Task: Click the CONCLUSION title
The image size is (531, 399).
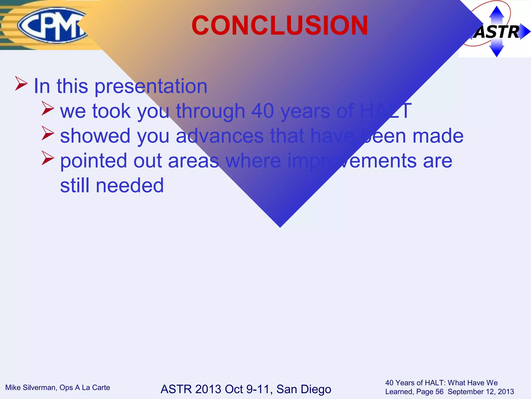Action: point(280,25)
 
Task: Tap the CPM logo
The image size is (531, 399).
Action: point(52,25)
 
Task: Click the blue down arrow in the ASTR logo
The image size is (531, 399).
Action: point(497,50)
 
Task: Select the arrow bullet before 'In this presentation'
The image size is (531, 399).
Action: point(21,83)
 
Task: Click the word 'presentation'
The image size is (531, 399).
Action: point(151,86)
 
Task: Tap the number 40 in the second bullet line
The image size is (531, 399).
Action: point(262,111)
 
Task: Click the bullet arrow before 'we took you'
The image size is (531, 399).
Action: point(48,109)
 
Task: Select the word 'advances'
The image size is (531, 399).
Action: point(219,136)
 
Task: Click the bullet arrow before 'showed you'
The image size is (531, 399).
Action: point(48,133)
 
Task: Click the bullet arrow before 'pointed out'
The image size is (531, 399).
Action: point(48,158)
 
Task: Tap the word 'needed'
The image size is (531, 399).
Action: point(130,185)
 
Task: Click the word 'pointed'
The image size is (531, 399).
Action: point(93,161)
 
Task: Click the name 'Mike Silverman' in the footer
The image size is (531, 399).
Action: point(31,388)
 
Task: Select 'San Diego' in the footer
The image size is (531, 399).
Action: point(304,389)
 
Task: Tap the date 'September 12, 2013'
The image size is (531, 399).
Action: point(481,392)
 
